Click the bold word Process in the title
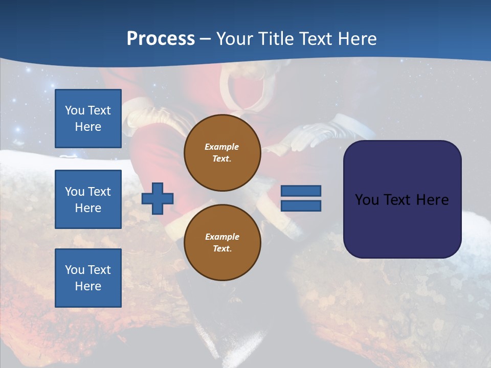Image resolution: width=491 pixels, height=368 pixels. [x=161, y=39]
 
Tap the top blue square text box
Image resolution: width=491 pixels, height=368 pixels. [x=88, y=119]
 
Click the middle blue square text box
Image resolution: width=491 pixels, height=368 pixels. [x=88, y=199]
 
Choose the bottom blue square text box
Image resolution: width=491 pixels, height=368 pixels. [x=88, y=278]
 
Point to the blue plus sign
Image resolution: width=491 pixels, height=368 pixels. [x=158, y=198]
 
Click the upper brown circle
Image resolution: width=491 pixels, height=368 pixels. [x=222, y=153]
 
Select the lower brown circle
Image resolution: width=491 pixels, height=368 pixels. [x=222, y=243]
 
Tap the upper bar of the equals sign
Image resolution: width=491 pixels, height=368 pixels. [x=301, y=191]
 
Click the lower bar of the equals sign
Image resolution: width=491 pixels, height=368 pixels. [x=301, y=205]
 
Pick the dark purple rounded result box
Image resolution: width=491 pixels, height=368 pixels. [x=402, y=199]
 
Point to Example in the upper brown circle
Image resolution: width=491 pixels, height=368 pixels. [x=222, y=147]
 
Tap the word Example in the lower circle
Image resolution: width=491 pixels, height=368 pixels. [x=222, y=237]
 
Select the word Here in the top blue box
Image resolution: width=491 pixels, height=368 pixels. [x=88, y=127]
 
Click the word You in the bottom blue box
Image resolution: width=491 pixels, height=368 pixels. [x=75, y=270]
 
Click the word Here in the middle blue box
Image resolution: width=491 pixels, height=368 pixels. [x=88, y=208]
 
